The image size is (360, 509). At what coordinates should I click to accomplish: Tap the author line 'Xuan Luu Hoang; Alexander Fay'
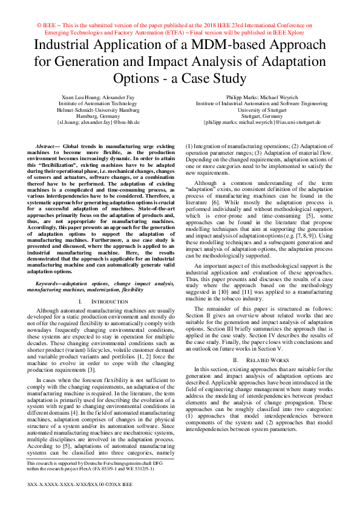(x=99, y=97)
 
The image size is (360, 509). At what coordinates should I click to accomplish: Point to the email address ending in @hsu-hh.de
(x=99, y=122)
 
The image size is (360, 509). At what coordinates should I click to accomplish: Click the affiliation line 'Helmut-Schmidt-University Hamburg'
(x=99, y=110)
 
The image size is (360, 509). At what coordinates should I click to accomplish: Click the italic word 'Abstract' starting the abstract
(x=47, y=147)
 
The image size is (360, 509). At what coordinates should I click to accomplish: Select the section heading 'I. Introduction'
(x=99, y=300)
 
